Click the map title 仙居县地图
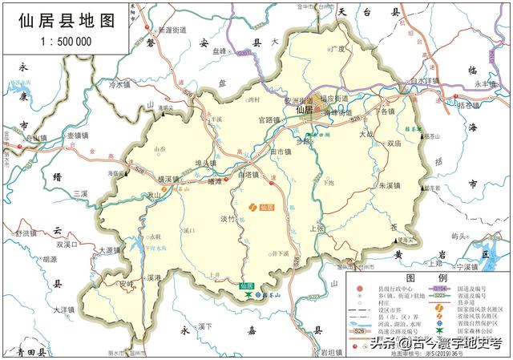point(65,22)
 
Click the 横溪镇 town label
point(171,180)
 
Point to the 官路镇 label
point(269,120)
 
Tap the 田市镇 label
point(281,152)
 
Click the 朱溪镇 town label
point(390,184)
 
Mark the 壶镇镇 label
point(80,136)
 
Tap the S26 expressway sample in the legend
point(361,329)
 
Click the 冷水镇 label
point(119,83)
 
